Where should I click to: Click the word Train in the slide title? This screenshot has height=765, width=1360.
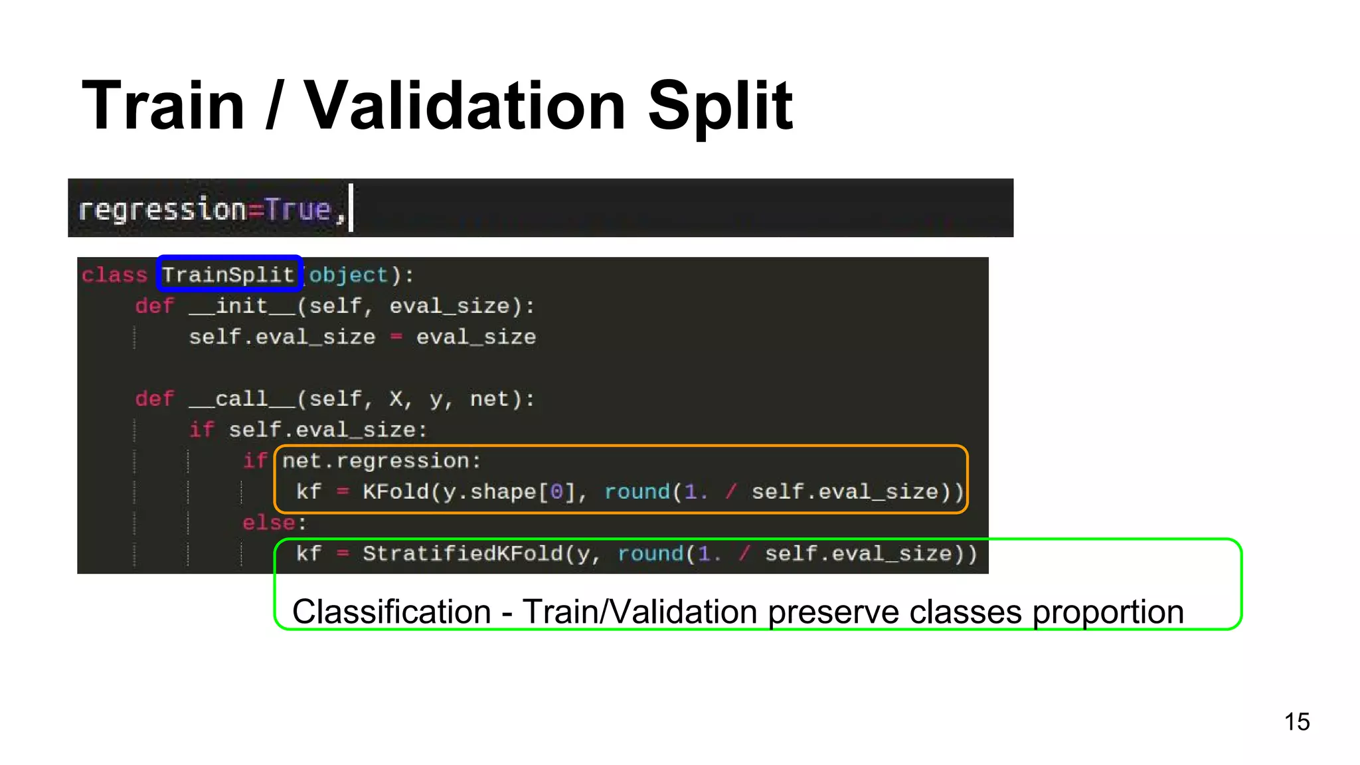163,106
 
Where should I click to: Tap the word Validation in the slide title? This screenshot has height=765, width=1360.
464,106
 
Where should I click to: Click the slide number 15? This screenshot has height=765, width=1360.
1296,722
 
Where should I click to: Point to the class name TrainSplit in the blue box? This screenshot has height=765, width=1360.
228,275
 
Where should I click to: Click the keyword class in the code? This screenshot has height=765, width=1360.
114,275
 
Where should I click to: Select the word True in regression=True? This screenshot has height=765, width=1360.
297,210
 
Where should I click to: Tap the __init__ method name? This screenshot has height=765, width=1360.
242,306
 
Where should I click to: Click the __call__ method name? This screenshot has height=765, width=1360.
242,399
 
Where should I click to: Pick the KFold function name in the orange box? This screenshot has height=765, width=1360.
396,492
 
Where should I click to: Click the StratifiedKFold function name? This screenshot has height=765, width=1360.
462,554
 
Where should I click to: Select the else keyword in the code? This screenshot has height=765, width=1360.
268,523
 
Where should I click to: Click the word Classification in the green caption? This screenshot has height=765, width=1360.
392,612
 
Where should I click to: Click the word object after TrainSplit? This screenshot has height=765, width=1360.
349,275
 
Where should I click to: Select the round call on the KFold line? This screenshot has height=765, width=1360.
637,492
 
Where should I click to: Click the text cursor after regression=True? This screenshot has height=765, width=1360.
351,209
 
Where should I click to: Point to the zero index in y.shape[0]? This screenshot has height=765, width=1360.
556,492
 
